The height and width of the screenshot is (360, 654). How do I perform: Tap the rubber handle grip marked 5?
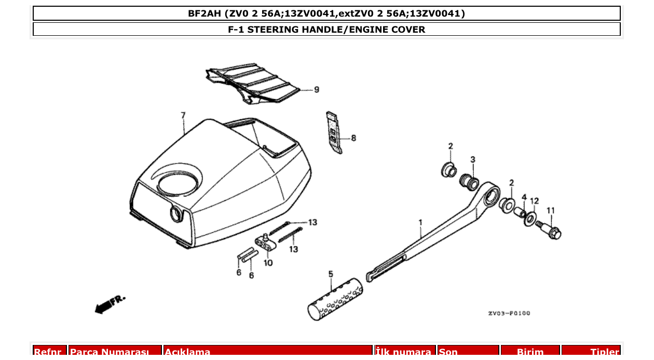pos(334,303)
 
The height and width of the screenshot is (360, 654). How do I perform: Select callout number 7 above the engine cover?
pos(183,115)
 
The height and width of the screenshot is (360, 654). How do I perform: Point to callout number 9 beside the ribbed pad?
pos(316,90)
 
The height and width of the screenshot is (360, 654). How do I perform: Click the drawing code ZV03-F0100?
pos(509,313)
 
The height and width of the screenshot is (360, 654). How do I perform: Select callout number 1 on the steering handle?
pos(420,223)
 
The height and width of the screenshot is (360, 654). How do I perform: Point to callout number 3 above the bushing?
pos(472,159)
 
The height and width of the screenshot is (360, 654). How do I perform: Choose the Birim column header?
pos(530,352)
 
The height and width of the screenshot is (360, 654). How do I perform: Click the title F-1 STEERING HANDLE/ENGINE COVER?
pos(326,30)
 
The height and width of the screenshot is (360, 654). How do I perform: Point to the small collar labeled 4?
pos(519,213)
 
